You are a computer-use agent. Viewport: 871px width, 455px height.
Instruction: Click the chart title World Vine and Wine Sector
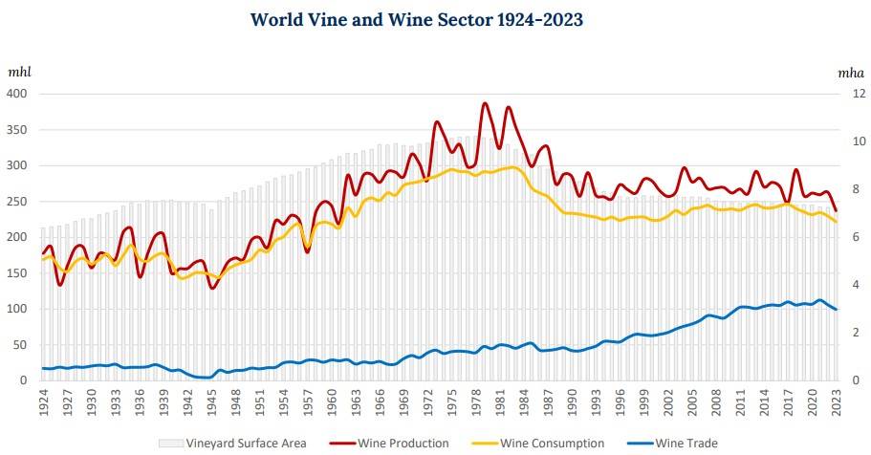pyautogui.click(x=416, y=19)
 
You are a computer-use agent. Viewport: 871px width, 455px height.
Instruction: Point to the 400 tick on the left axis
pyautogui.click(x=20, y=94)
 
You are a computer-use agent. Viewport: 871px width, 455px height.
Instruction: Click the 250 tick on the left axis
pyautogui.click(x=20, y=202)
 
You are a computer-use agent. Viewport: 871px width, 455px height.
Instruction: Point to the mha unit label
pyautogui.click(x=850, y=72)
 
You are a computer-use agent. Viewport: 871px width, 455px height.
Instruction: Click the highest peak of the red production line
pyautogui.click(x=485, y=103)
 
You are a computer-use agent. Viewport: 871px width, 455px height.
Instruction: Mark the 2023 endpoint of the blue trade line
pyautogui.click(x=835, y=310)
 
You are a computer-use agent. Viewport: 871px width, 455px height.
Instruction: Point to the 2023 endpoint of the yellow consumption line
pyautogui.click(x=835, y=222)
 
